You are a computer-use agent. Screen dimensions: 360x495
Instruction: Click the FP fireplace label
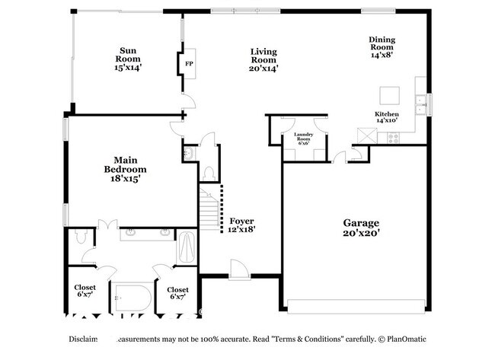click(188, 64)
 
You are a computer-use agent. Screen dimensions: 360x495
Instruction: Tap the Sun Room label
click(128, 58)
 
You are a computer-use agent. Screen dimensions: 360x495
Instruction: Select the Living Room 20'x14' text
click(263, 60)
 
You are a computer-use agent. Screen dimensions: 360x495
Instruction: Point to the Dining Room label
click(382, 47)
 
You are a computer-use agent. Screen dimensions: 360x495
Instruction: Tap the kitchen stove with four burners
click(394, 138)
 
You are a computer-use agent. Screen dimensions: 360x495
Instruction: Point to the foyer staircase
click(209, 209)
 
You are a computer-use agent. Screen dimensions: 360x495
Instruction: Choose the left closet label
click(85, 292)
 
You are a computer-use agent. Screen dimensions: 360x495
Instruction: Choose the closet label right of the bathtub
click(177, 292)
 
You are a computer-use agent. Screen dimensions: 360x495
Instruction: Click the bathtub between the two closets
click(131, 297)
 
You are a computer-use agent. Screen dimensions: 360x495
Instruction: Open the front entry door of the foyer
click(238, 269)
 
